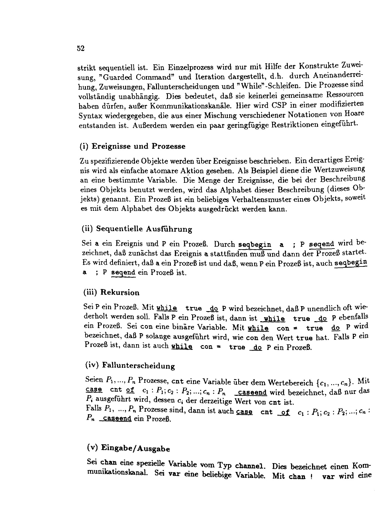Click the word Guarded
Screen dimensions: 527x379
(120, 77)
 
